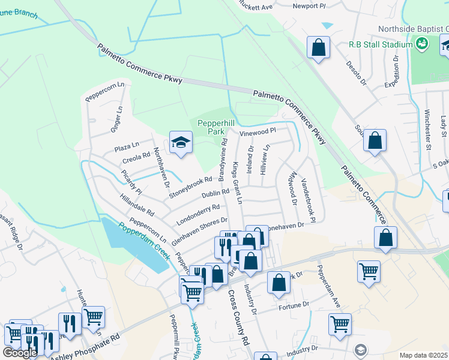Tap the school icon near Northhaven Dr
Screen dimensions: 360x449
pyautogui.click(x=179, y=143)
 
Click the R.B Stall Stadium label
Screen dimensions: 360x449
pyautogui.click(x=381, y=45)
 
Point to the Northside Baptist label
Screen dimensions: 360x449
pyautogui.click(x=414, y=29)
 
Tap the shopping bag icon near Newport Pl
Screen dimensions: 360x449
pyautogui.click(x=318, y=47)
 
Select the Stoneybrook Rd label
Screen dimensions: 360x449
pyautogui.click(x=190, y=187)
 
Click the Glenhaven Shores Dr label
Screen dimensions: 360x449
pyautogui.click(x=199, y=230)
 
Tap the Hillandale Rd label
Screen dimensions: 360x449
pyautogui.click(x=137, y=205)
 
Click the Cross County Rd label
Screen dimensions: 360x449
pyautogui.click(x=238, y=319)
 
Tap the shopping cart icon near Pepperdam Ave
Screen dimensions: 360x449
pyautogui.click(x=369, y=270)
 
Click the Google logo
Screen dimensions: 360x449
pyautogui.click(x=20, y=353)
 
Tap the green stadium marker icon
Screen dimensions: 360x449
pyautogui.click(x=422, y=43)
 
